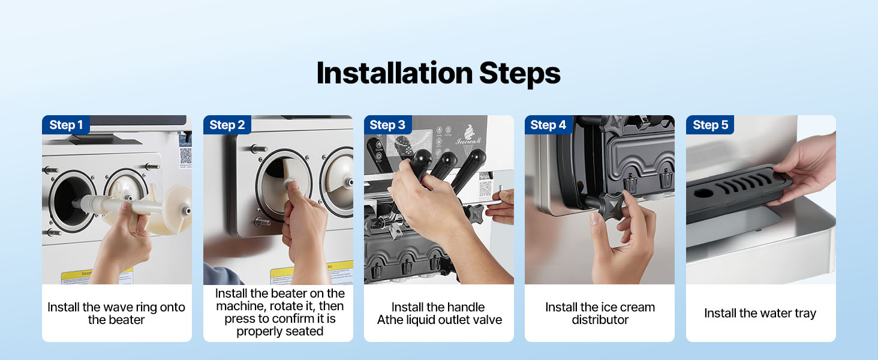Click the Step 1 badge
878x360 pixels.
(x=66, y=125)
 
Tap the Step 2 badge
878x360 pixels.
(x=227, y=125)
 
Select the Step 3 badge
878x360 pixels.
(x=387, y=125)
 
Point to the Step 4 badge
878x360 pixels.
(x=548, y=125)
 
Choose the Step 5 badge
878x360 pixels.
(x=710, y=125)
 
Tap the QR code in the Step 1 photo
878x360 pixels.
(x=185, y=156)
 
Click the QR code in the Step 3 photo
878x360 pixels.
(x=485, y=188)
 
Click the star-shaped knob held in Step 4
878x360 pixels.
(x=611, y=205)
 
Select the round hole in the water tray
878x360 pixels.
(x=703, y=193)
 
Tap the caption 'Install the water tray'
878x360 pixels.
(x=760, y=313)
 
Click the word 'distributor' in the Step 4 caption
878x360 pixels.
(x=600, y=320)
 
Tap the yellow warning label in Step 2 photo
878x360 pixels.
(x=312, y=272)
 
